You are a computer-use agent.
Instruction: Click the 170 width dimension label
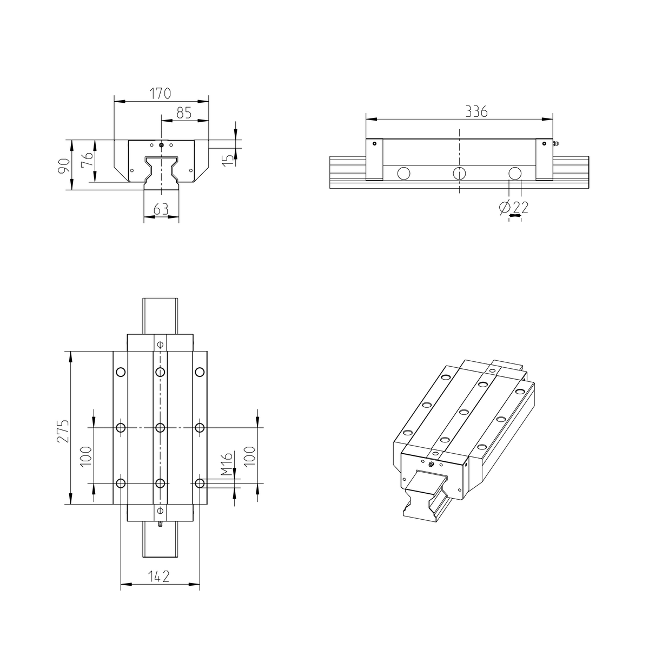click(161, 93)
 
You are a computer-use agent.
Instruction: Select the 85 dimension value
click(184, 113)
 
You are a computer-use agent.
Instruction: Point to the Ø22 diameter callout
click(514, 207)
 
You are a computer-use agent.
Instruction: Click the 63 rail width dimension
click(161, 209)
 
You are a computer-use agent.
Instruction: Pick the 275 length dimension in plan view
click(63, 431)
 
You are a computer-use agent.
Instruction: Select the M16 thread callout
click(227, 464)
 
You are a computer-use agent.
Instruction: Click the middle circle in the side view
click(459, 173)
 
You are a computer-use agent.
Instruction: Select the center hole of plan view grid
click(160, 428)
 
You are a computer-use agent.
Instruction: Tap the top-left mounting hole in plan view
click(120, 372)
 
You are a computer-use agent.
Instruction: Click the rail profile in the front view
click(161, 173)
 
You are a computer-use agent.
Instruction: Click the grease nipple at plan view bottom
click(160, 524)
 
